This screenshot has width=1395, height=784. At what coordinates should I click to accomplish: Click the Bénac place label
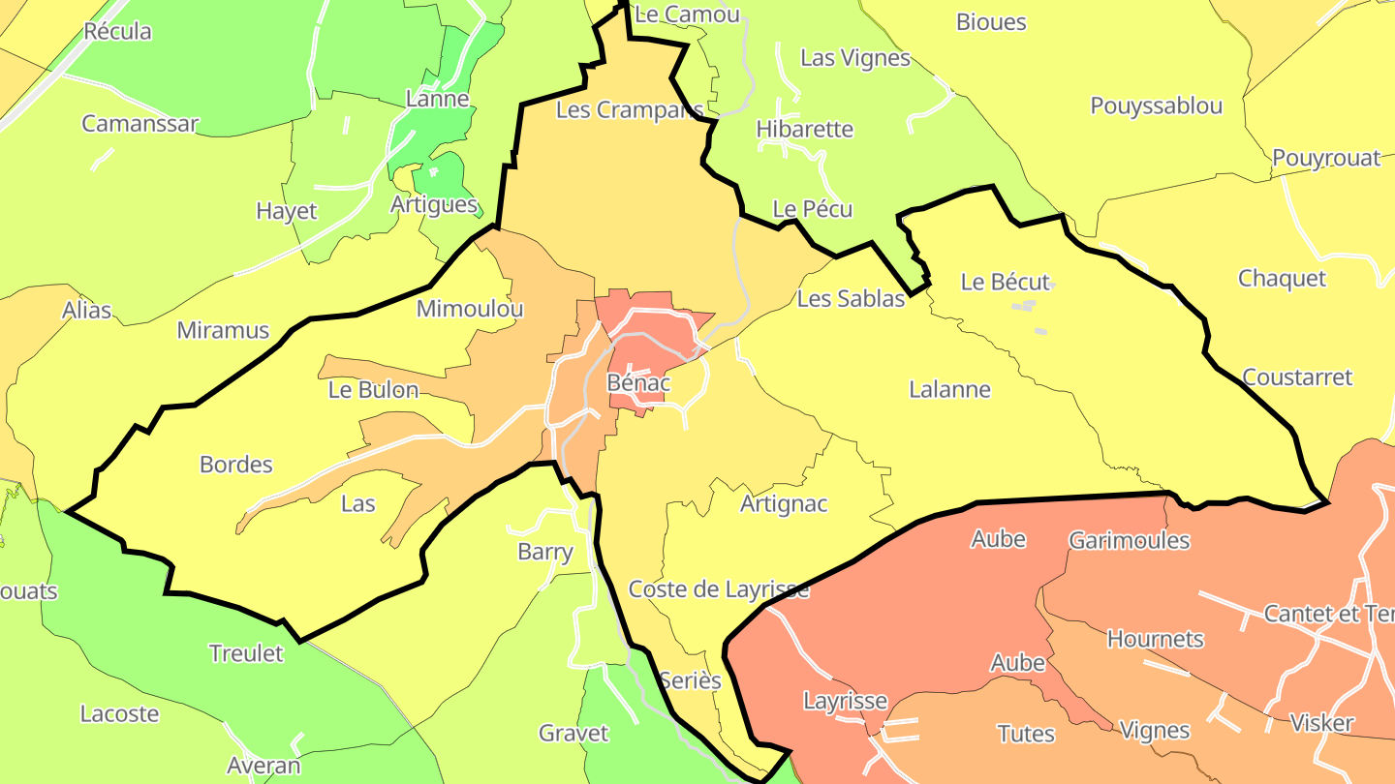637,382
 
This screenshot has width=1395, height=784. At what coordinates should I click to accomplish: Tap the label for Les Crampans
629,110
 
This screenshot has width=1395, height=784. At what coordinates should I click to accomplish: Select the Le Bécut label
1005,282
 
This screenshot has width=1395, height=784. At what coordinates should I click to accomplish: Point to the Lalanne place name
949,390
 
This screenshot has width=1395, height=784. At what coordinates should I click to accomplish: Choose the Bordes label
235,465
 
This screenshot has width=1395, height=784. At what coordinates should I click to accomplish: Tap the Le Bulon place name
373,390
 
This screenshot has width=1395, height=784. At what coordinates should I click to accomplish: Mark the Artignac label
784,504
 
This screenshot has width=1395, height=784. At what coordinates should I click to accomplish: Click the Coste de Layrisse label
718,589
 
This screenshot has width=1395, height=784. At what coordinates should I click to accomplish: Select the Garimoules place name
1129,540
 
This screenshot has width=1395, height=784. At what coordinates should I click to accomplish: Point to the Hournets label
1155,639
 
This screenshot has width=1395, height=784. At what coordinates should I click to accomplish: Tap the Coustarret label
1296,377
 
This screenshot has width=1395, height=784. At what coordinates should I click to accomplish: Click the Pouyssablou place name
1156,106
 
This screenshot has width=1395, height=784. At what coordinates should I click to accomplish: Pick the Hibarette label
804,129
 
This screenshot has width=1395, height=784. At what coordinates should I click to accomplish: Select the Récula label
117,31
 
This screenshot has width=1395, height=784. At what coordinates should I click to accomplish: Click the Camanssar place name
139,124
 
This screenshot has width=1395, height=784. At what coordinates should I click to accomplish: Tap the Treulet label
246,653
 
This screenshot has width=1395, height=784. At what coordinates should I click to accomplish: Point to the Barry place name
544,552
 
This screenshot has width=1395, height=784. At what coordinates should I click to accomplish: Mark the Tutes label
1026,734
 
